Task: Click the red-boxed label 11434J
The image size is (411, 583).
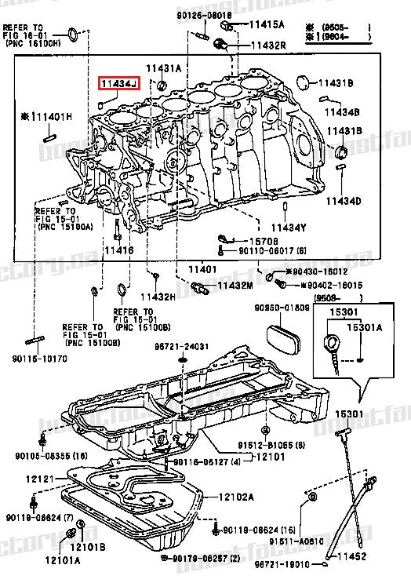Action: [x=118, y=83]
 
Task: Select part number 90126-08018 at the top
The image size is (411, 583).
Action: [x=182, y=16]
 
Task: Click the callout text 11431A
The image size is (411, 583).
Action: [x=163, y=69]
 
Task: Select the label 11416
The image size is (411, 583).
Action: [x=118, y=250]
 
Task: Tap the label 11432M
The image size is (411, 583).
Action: [x=235, y=286]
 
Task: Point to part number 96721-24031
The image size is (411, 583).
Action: [x=181, y=346]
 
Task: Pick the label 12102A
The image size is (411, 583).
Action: [x=236, y=496]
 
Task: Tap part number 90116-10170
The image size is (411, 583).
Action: [x=39, y=359]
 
